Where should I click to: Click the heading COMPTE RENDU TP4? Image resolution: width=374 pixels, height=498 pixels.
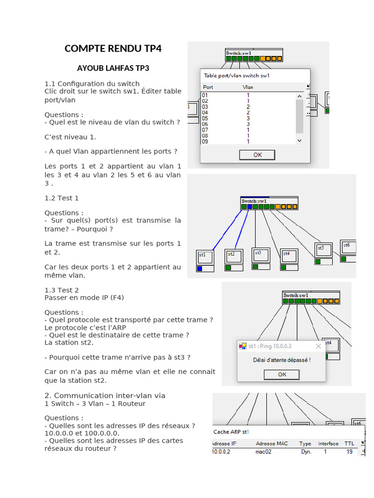pyautogui.click(x=112, y=49)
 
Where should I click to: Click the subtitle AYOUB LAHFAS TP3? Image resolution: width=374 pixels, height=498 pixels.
pyautogui.click(x=113, y=68)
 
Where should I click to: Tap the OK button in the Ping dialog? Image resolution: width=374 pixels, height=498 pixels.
pyautogui.click(x=282, y=374)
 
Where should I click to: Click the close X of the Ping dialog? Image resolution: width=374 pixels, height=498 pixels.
pyautogui.click(x=318, y=346)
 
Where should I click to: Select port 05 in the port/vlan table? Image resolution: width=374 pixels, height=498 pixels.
pyautogui.click(x=205, y=118)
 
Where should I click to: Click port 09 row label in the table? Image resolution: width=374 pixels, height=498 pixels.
pyautogui.click(x=205, y=142)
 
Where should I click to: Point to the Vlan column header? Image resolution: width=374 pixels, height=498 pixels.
pyautogui.click(x=247, y=87)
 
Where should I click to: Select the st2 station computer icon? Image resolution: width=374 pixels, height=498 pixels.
pyautogui.click(x=233, y=256)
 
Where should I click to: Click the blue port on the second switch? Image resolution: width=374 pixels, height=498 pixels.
pyautogui.click(x=249, y=207)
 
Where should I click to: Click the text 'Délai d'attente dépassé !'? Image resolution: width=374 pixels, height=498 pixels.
pyautogui.click(x=281, y=360)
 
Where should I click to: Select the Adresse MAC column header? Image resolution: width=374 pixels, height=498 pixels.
pyautogui.click(x=272, y=444)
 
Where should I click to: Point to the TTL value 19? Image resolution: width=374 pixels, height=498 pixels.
pyautogui.click(x=349, y=452)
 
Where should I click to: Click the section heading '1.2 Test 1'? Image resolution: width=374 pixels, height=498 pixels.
pyautogui.click(x=61, y=198)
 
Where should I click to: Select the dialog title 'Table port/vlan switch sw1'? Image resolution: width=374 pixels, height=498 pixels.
pyautogui.click(x=237, y=75)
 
